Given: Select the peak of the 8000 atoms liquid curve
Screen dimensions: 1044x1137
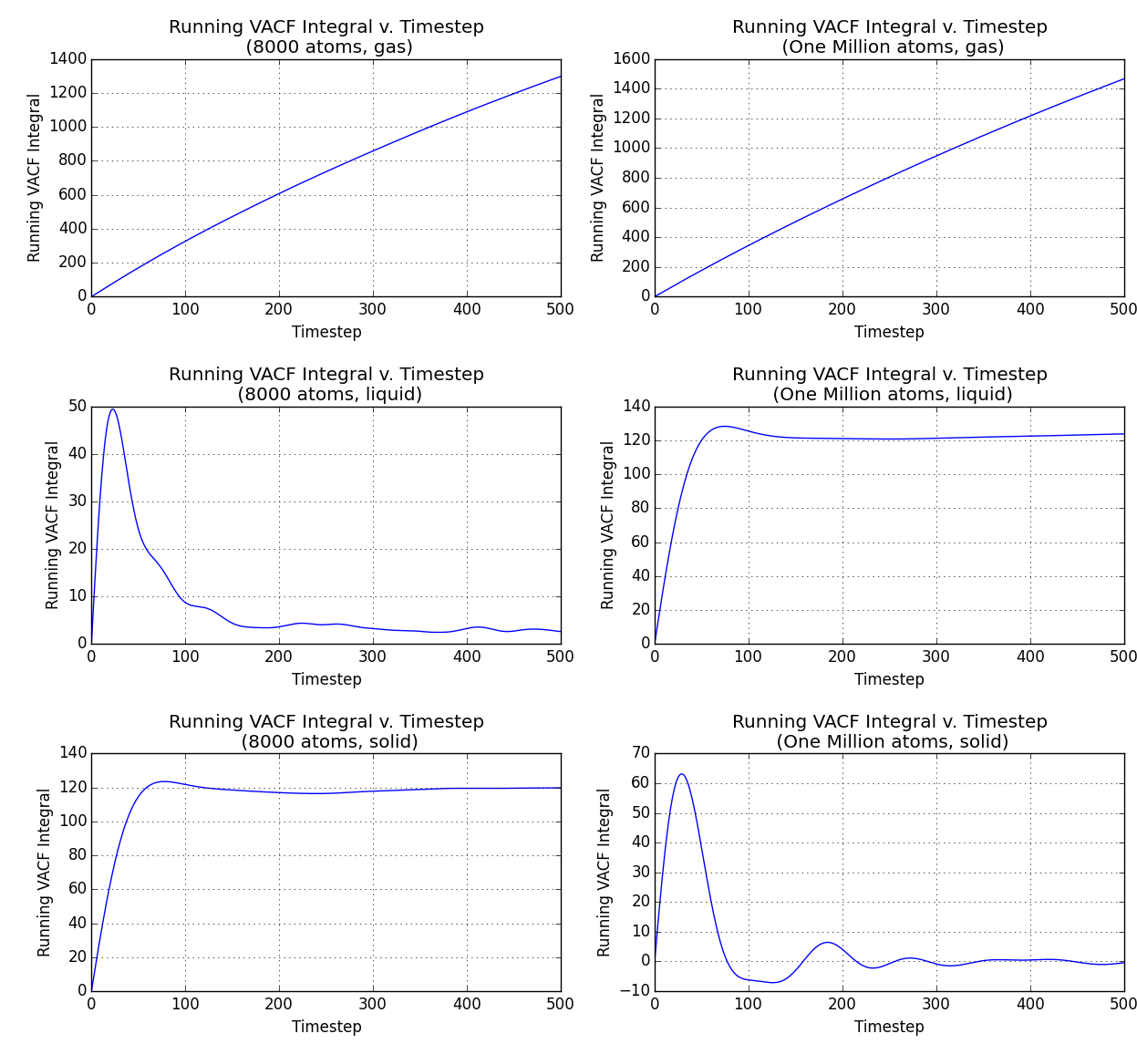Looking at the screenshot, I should point(112,408).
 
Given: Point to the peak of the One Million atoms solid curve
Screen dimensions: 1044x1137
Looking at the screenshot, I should point(680,774).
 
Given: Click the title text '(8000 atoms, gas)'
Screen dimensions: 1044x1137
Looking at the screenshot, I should point(328,47).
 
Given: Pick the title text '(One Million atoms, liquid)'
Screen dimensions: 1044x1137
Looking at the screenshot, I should point(892,395).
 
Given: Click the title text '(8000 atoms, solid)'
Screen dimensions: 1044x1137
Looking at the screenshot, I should point(328,742).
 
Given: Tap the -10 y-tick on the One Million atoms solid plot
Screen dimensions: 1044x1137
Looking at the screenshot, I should point(636,991).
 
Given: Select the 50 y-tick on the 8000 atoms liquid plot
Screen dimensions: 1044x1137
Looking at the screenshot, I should point(77,407).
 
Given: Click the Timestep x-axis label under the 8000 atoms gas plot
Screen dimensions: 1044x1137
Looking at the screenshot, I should point(326,332).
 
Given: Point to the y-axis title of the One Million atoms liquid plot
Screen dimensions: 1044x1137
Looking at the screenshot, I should point(607,525).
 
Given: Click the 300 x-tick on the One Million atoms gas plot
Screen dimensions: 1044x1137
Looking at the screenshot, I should point(936,309).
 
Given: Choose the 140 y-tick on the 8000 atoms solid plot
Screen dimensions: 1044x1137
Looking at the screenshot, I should point(72,753).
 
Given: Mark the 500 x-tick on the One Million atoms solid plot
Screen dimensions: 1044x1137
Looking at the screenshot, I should point(1123,1004).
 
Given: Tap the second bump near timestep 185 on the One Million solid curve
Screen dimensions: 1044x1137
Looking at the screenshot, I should point(827,943).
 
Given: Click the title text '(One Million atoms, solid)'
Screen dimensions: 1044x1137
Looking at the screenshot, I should point(892,742).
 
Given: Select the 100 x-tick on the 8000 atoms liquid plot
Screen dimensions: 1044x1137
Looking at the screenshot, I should point(185,656).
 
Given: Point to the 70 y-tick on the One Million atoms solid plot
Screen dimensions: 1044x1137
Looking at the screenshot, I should point(640,753).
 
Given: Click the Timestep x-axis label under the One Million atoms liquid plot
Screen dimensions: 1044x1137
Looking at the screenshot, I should point(889,679).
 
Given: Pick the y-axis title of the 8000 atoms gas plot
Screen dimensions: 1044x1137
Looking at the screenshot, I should point(35,178).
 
